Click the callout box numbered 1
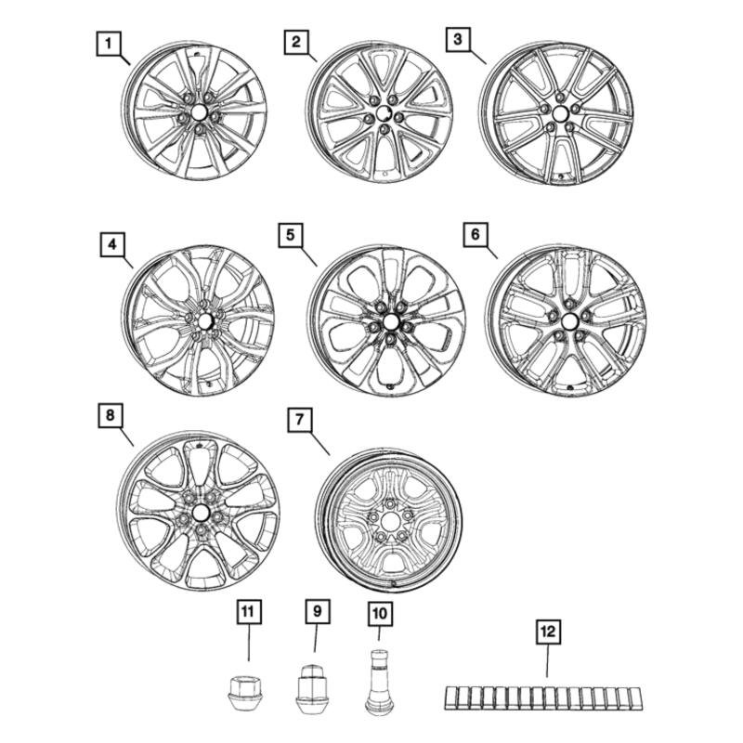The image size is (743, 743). coord(109,43)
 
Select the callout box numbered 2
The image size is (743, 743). coord(295,42)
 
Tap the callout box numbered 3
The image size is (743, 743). coord(457,40)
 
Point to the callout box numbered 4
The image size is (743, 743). coord(111,246)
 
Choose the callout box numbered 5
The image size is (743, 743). coord(290,237)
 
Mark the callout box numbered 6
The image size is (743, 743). coord(476,236)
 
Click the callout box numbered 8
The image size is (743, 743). coord(110,416)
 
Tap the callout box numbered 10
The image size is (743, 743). coord(379,613)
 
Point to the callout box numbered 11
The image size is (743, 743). coord(248,611)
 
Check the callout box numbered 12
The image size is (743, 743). coord(546,632)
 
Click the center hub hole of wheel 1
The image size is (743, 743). coord(198,113)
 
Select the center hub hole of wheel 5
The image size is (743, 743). coord(390,322)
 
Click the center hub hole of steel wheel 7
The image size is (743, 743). coord(391,524)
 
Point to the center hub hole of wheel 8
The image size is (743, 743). coord(201,514)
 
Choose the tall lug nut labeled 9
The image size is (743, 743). coord(312,686)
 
